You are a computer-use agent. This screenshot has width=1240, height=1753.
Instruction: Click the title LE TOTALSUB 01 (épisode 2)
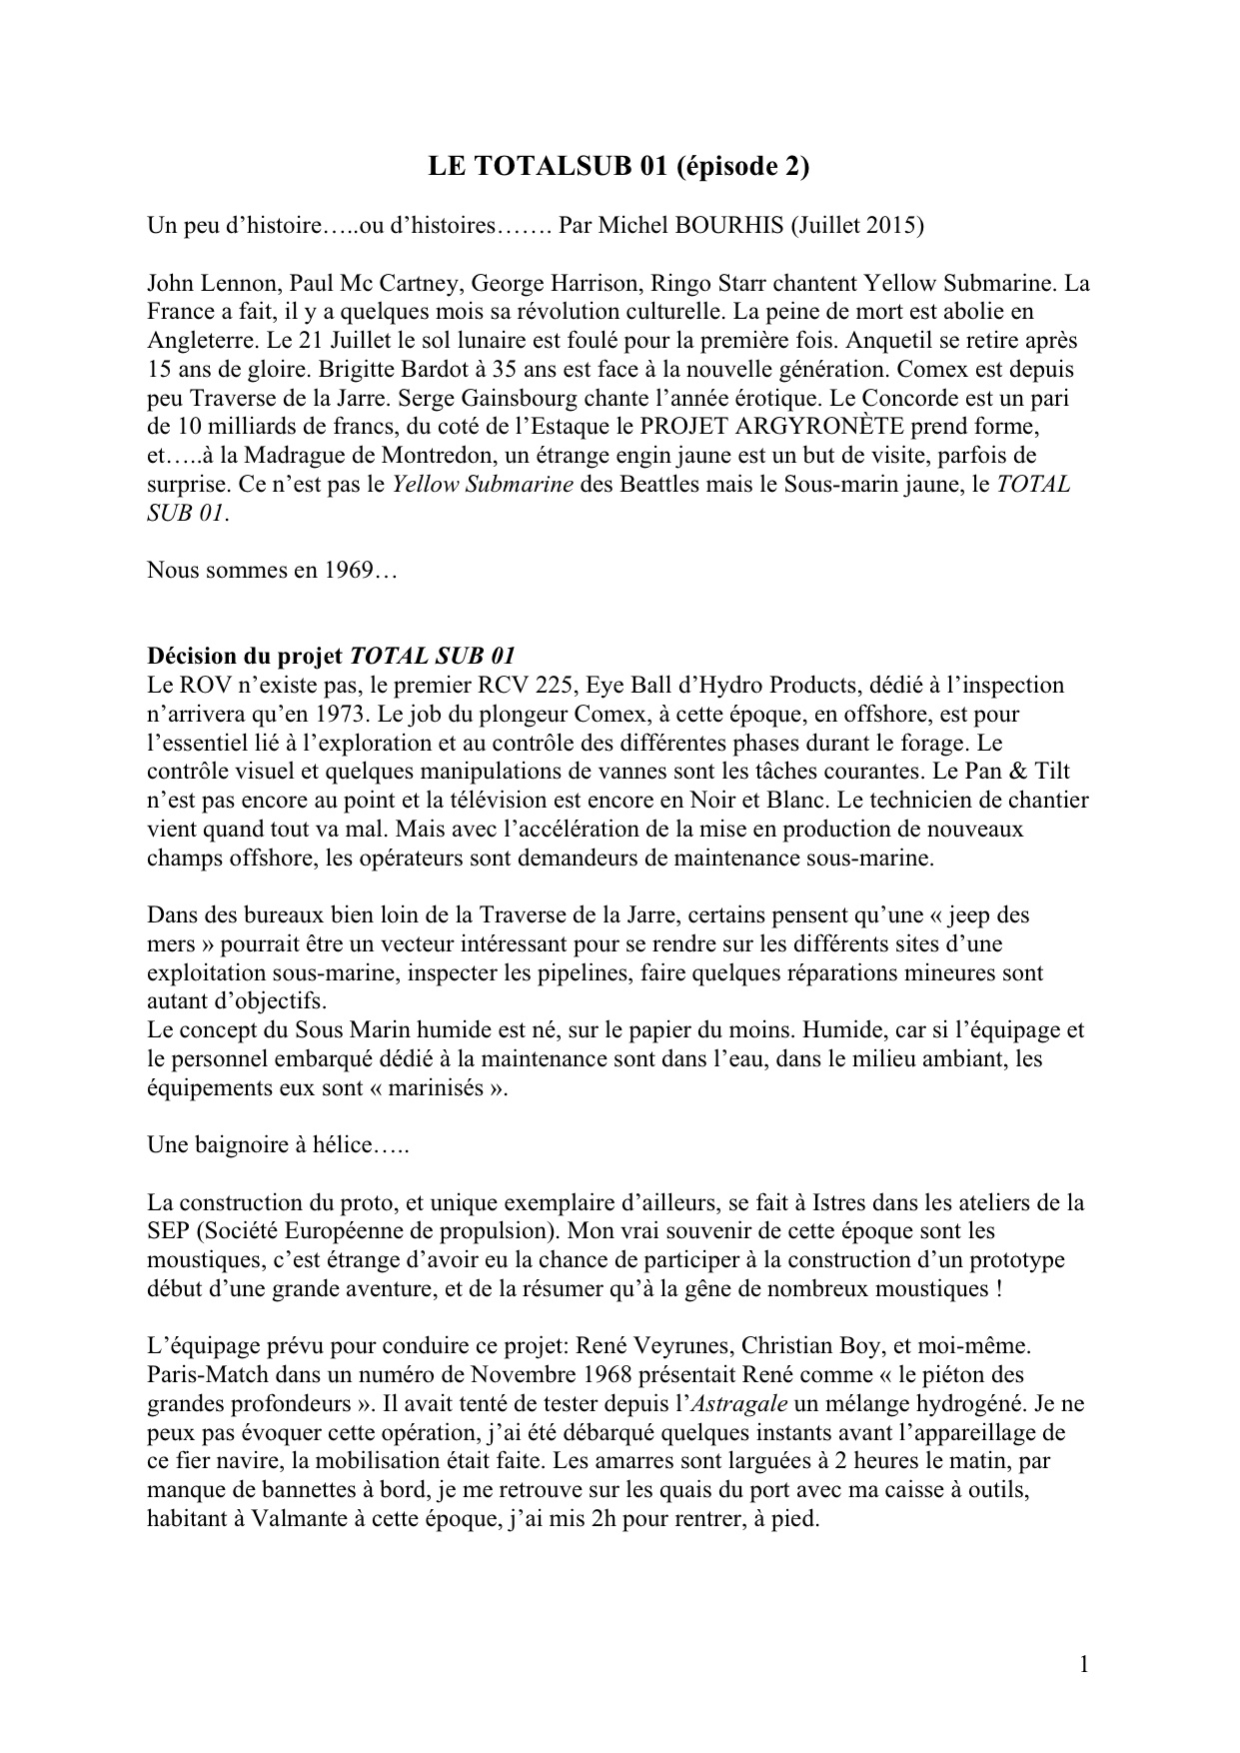click(619, 168)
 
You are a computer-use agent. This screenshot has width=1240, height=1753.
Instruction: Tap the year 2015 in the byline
click(890, 226)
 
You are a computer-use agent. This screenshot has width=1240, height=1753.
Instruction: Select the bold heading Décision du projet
click(244, 657)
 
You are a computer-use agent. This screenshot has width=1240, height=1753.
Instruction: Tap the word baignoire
click(239, 1145)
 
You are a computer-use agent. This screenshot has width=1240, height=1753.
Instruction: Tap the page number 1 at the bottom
click(1084, 1664)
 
